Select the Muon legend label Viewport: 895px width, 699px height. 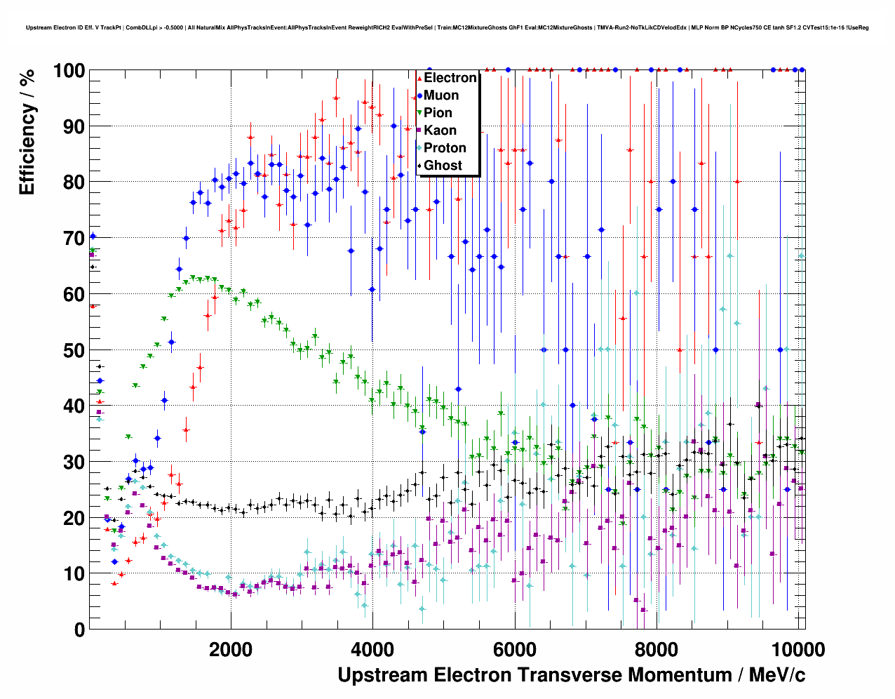pos(441,95)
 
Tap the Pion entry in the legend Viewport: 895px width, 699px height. pos(438,113)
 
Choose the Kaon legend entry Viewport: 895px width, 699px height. pos(440,131)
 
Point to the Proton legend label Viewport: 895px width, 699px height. pos(445,148)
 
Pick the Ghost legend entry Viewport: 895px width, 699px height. pos(443,166)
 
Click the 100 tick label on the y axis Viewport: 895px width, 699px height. pos(69,71)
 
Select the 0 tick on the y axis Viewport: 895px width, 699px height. pos(79,630)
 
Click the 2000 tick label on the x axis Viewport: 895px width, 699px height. pos(231,649)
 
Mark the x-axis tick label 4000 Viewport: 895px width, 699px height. pos(372,649)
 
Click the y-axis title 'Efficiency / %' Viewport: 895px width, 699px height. pos(27,132)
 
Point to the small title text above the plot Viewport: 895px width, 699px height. pos(447,27)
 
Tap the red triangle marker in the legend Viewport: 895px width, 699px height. pos(419,78)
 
